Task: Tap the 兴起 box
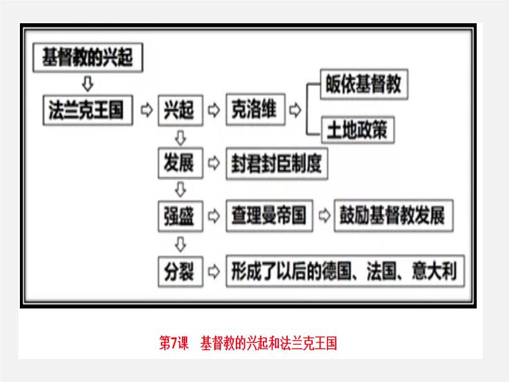(179, 110)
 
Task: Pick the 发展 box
(179, 163)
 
